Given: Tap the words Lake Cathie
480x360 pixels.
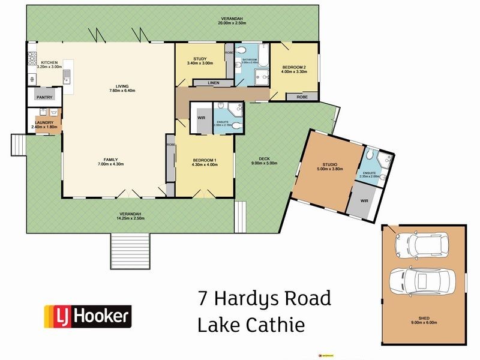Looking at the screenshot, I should pos(251,325).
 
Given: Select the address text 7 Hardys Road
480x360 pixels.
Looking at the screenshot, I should pos(265,298).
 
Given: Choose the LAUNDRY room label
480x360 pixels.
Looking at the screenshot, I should pos(44,122).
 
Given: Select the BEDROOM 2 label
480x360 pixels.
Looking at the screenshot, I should pos(294,67).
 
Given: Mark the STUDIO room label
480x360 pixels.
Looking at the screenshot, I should pos(329,164).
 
